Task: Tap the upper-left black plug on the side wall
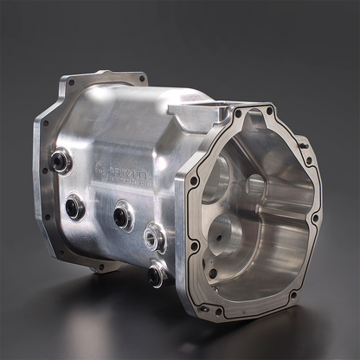click(x=61, y=159)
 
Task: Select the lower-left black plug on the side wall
click(x=75, y=206)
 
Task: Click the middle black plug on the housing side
click(x=123, y=215)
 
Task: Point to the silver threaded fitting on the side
click(x=154, y=235)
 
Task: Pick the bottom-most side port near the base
click(x=156, y=274)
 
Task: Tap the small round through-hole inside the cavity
click(x=256, y=183)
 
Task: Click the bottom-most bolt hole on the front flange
click(x=219, y=310)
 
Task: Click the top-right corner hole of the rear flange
click(x=142, y=79)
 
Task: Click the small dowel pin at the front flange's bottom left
click(x=202, y=305)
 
